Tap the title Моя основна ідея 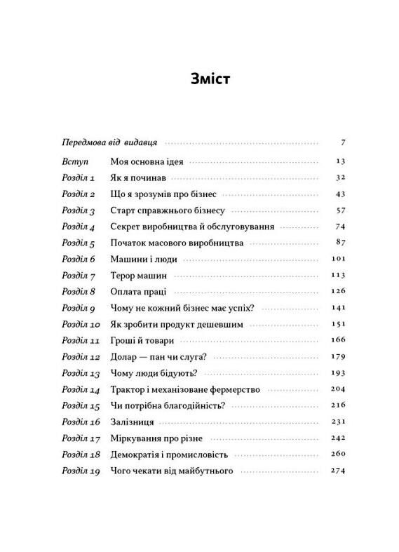pos(147,161)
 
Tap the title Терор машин pos(137,276)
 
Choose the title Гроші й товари pos(141,341)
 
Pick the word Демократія pos(137,455)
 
